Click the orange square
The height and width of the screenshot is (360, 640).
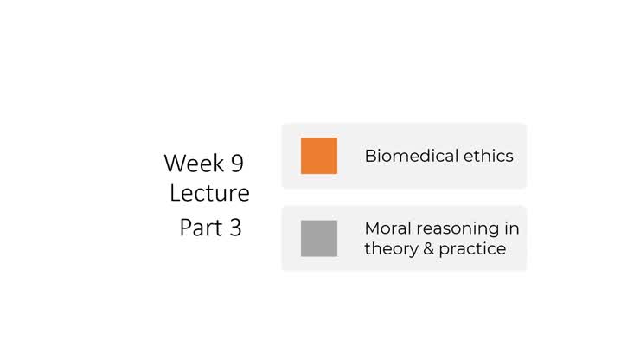318,156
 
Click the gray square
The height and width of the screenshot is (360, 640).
318,238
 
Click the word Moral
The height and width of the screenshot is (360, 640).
387,228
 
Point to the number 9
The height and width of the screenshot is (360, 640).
236,163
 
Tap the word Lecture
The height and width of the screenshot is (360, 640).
209,192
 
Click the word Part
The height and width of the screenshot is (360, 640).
199,228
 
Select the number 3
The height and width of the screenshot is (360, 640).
235,228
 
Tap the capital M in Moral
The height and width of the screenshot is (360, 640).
372,228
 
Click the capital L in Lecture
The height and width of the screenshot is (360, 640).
175,192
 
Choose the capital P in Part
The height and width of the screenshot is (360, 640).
185,228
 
